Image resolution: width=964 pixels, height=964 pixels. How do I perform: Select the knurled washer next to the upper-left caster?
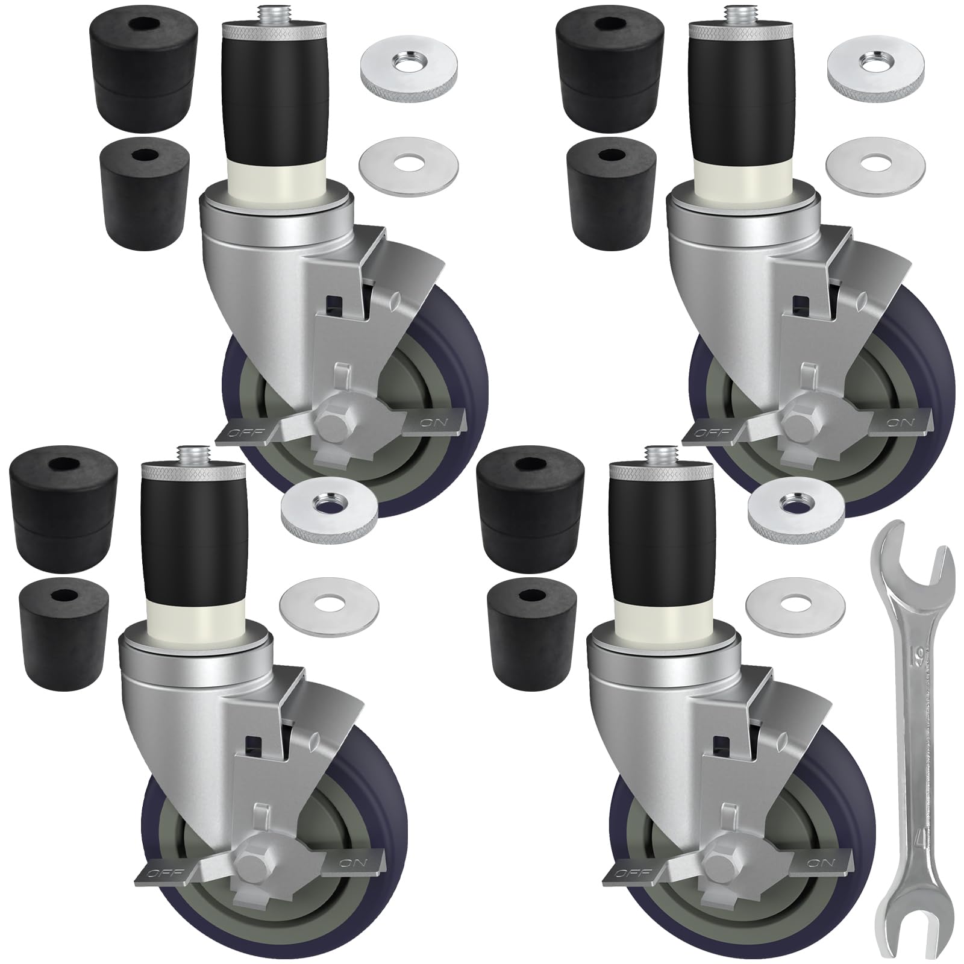(408, 75)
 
